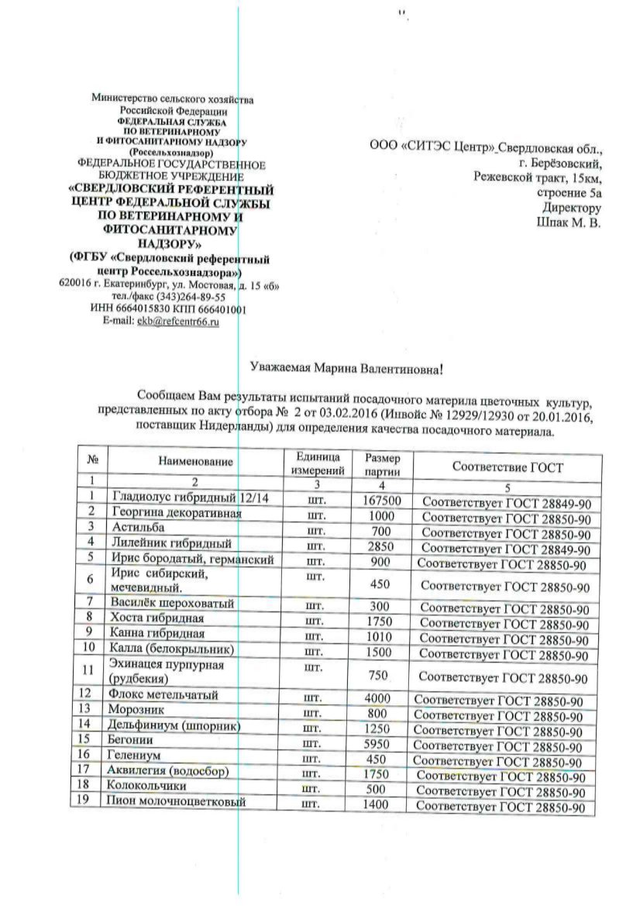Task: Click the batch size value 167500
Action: (381, 501)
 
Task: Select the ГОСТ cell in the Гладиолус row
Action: (508, 503)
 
